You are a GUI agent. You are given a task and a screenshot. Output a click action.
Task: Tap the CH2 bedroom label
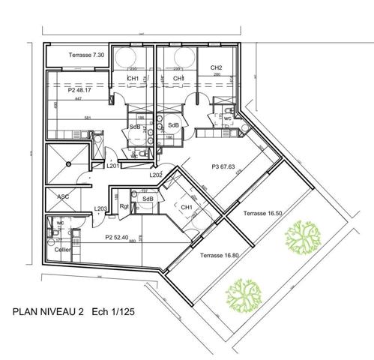pyautogui.click(x=216, y=67)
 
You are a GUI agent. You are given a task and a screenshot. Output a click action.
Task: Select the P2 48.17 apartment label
pyautogui.click(x=79, y=89)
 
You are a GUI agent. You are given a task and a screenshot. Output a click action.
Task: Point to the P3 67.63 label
pyautogui.click(x=224, y=167)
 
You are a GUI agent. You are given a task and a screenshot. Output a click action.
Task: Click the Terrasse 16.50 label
pyautogui.click(x=263, y=214)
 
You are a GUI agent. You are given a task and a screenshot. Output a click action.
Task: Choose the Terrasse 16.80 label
pyautogui.click(x=220, y=255)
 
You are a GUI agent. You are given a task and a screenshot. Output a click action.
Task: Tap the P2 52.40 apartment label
pyautogui.click(x=106, y=236)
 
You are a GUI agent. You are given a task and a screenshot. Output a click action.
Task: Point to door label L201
pyautogui.click(x=112, y=166)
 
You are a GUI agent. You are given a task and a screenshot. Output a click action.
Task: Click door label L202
pyautogui.click(x=156, y=175)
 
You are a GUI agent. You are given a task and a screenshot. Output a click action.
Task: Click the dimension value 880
pyautogui.click(x=132, y=241)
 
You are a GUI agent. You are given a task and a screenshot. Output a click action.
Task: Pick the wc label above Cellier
pyautogui.click(x=59, y=223)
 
